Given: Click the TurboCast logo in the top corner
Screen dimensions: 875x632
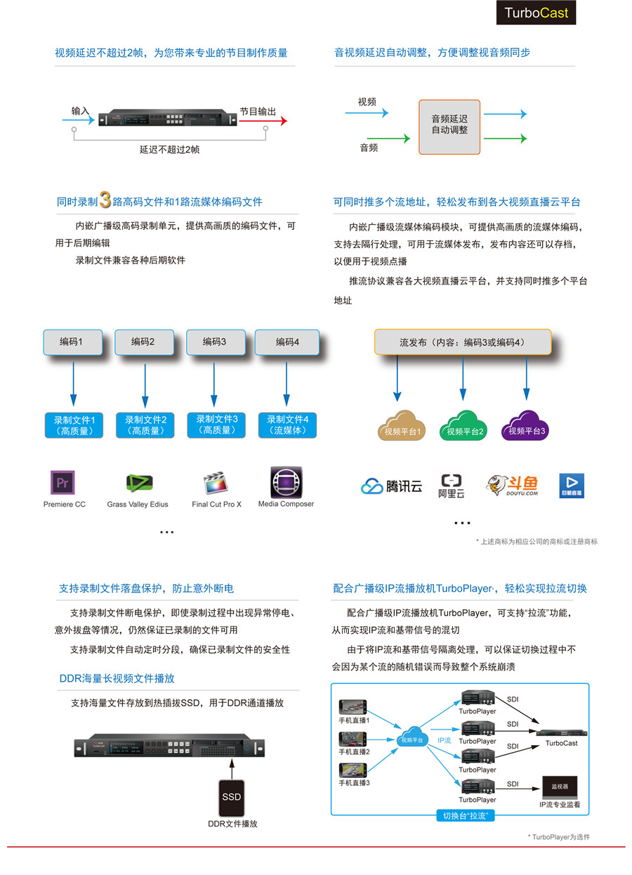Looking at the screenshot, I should coord(536,13).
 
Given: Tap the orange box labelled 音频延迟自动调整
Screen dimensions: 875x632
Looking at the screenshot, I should coord(449,127).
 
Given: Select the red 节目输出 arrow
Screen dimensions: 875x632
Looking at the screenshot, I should coord(263,121).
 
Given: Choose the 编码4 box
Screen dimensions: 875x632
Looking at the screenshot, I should coord(287,342).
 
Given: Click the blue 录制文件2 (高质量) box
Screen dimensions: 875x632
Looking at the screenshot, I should coord(145,425).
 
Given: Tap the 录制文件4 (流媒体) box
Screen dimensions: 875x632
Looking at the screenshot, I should coord(288,425).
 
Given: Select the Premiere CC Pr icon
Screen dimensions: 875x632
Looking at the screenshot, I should coord(62,484).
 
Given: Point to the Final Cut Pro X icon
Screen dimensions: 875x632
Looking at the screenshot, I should coord(215,484).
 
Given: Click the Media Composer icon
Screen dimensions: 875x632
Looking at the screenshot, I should coord(286,482).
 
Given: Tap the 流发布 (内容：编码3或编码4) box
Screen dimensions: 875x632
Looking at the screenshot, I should coord(462,342).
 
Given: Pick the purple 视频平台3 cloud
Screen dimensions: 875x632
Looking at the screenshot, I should coord(526,425).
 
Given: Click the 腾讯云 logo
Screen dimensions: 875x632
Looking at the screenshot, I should coord(392,486).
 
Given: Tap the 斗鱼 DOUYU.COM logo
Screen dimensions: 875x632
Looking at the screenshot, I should coord(512,485).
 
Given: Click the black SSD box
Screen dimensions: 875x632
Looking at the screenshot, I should coord(232,796).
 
